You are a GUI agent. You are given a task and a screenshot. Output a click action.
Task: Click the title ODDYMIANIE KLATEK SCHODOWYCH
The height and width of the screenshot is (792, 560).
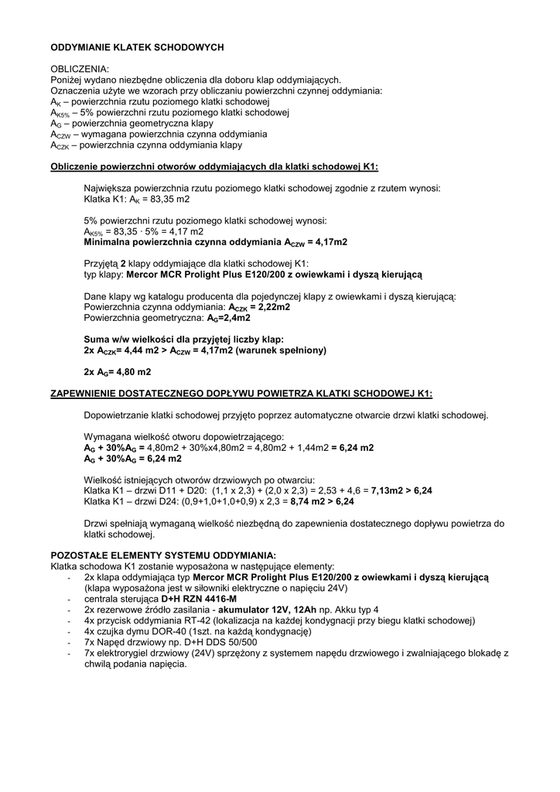(x=137, y=47)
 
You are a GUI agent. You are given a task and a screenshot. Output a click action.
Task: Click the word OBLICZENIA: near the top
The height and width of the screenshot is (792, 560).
(x=80, y=69)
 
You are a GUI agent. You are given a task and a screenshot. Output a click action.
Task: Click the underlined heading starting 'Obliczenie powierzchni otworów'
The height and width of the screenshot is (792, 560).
(x=214, y=166)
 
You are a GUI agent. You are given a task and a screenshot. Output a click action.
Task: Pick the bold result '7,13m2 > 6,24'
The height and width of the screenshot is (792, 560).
(x=401, y=490)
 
